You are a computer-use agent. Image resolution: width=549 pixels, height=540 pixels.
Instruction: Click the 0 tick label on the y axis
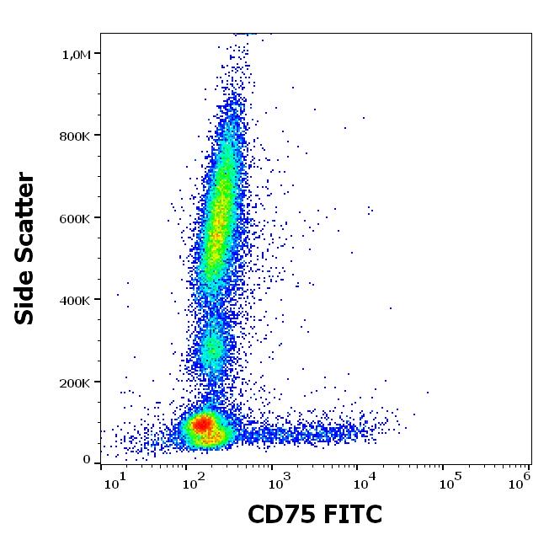pos(87,459)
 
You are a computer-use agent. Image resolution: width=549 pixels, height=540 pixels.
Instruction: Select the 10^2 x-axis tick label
pos(196,480)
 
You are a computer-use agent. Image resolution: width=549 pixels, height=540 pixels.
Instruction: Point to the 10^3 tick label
pos(279,480)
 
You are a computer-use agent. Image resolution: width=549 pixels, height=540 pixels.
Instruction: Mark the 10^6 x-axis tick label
pos(520,480)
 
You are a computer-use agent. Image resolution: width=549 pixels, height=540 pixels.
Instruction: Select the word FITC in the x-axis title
pos(352,513)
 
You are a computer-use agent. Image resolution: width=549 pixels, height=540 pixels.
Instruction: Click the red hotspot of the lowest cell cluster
pos(201,425)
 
